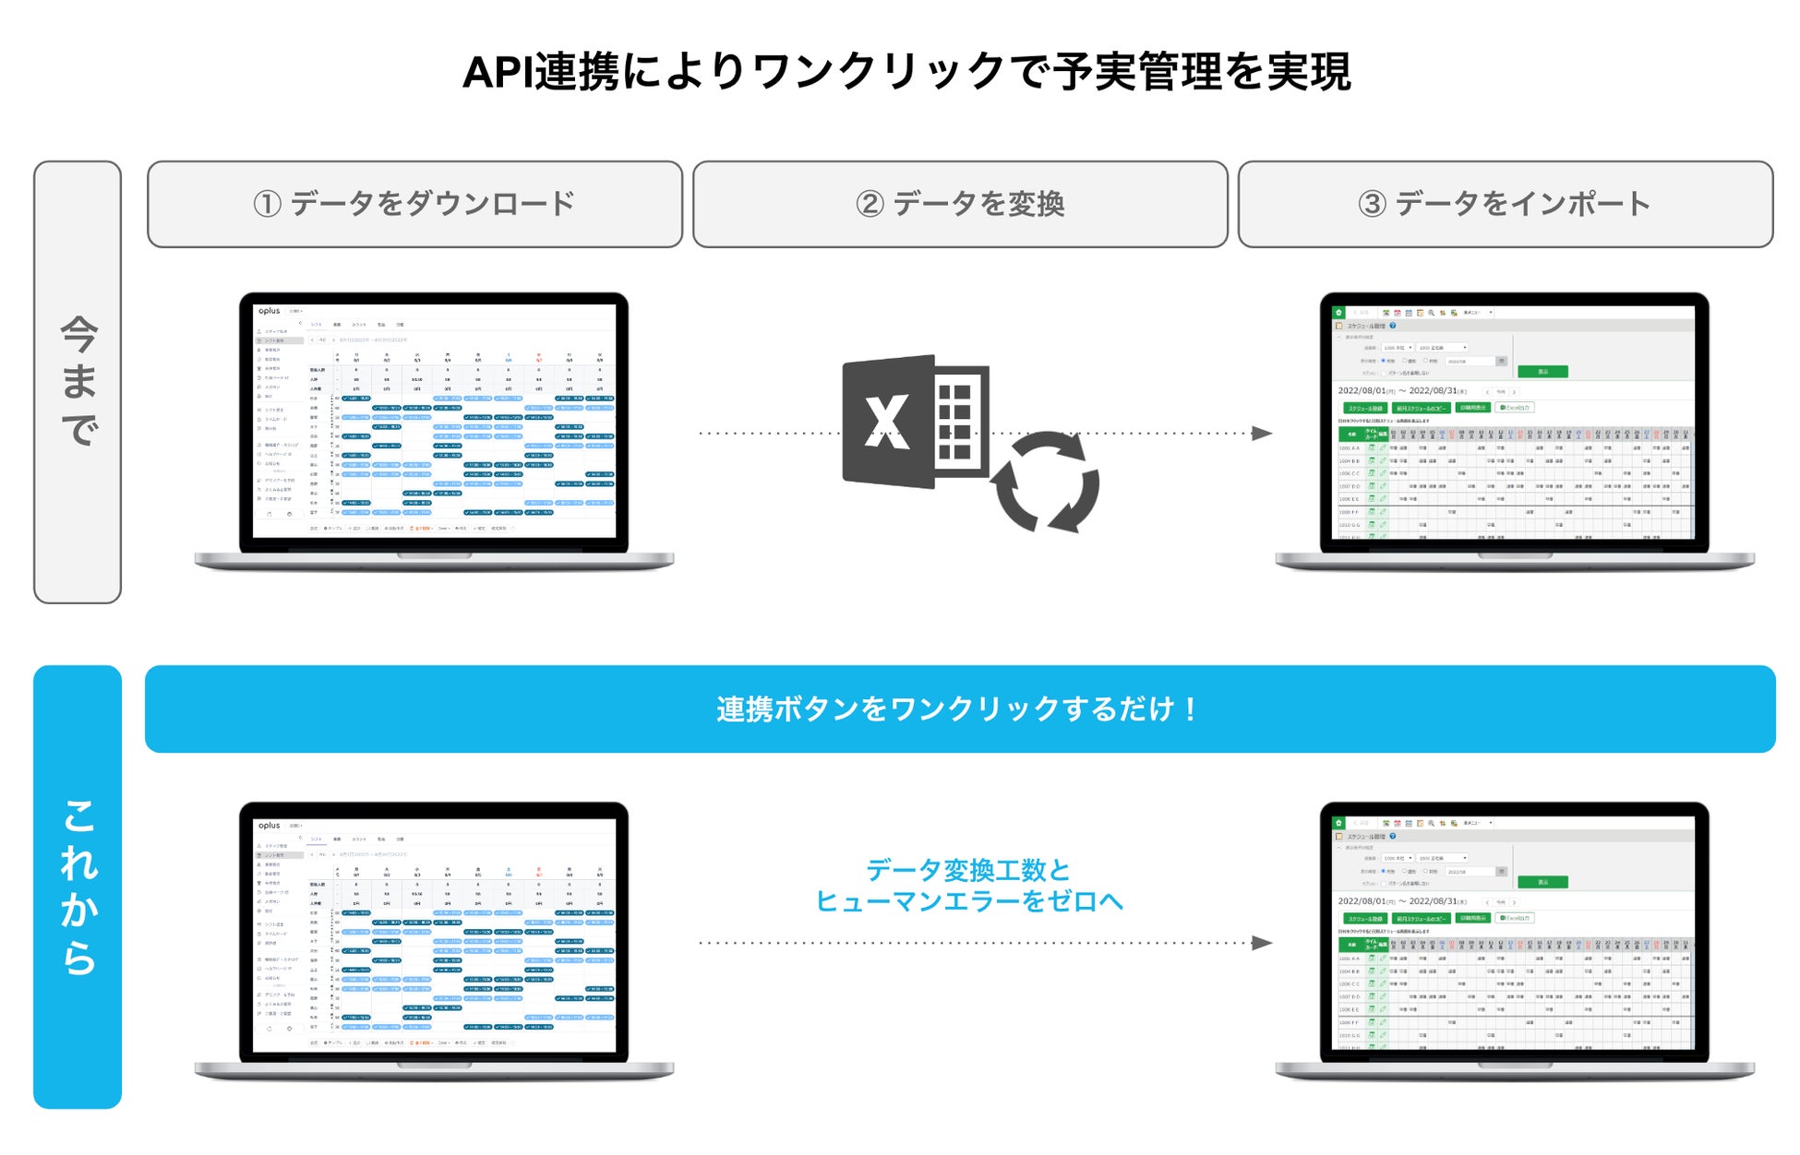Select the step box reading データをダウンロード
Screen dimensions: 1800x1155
[414, 204]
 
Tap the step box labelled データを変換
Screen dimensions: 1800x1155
[960, 204]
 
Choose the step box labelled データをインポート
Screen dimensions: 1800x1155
[1505, 204]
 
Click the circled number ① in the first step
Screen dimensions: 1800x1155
[267, 204]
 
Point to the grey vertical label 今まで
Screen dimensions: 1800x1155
[78, 382]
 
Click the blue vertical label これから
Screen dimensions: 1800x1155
[78, 887]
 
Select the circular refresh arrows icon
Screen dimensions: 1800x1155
[1046, 482]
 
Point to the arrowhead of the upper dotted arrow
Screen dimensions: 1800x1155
[1262, 434]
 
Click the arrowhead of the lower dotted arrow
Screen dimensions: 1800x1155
[1262, 943]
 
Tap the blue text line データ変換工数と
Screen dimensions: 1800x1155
[968, 870]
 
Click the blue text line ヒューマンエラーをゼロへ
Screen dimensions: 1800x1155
[968, 901]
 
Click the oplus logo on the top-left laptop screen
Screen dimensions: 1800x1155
[269, 311]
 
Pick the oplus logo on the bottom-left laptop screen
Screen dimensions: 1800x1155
[269, 826]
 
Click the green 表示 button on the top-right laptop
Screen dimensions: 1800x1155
[1542, 372]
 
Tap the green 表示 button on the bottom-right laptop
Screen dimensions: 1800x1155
[1542, 882]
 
